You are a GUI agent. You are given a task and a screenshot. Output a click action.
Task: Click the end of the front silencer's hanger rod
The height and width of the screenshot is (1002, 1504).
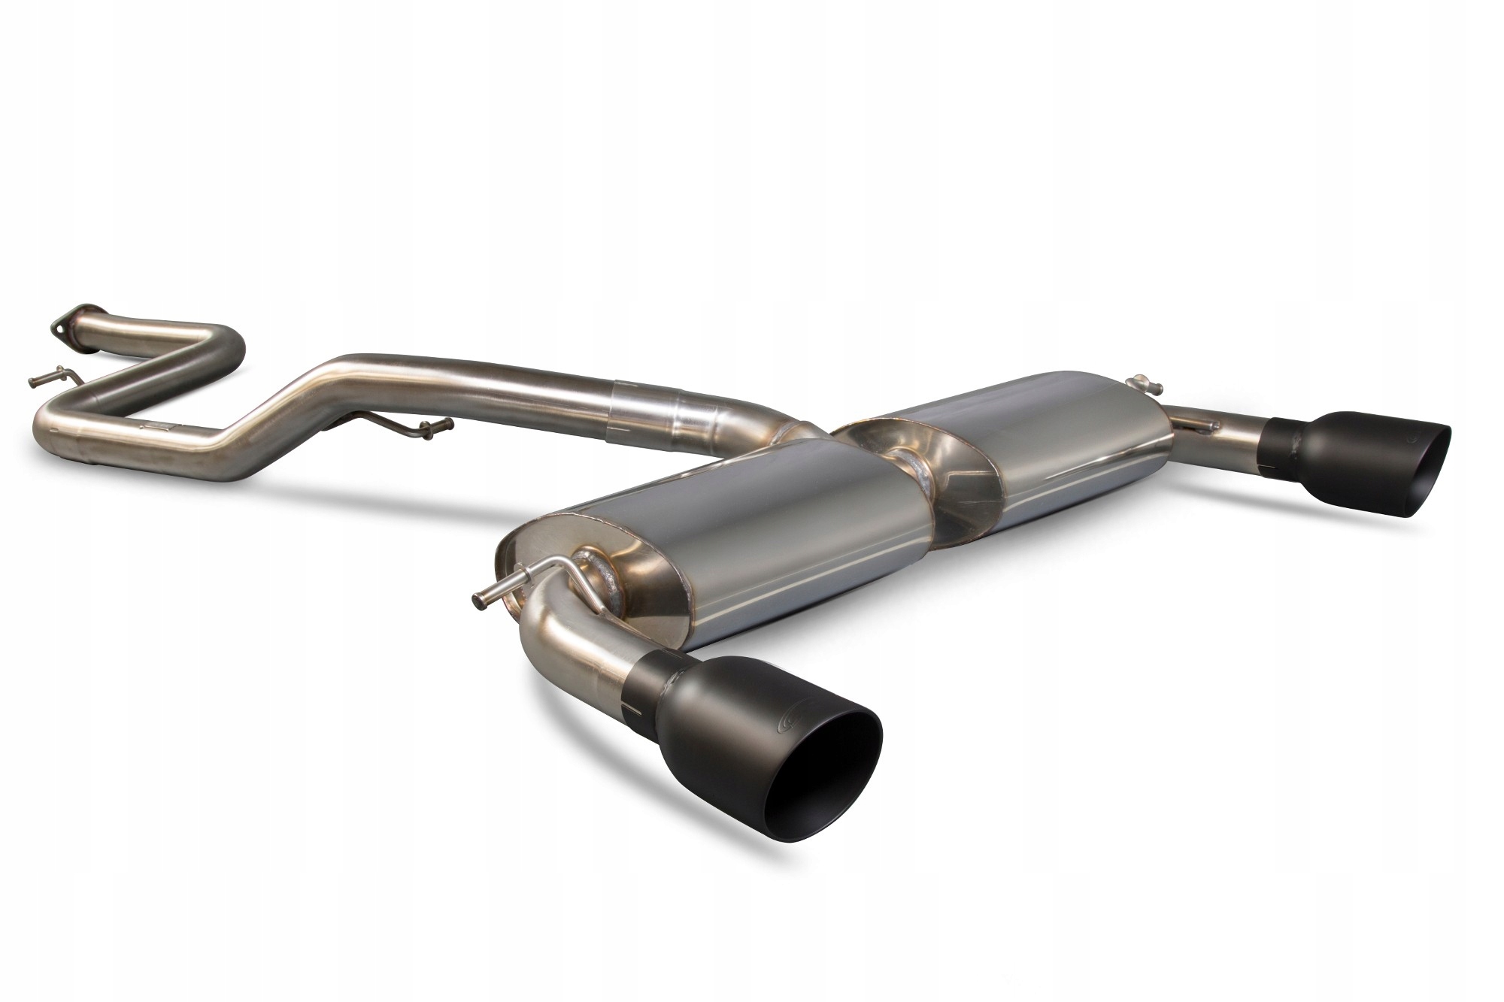477,597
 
